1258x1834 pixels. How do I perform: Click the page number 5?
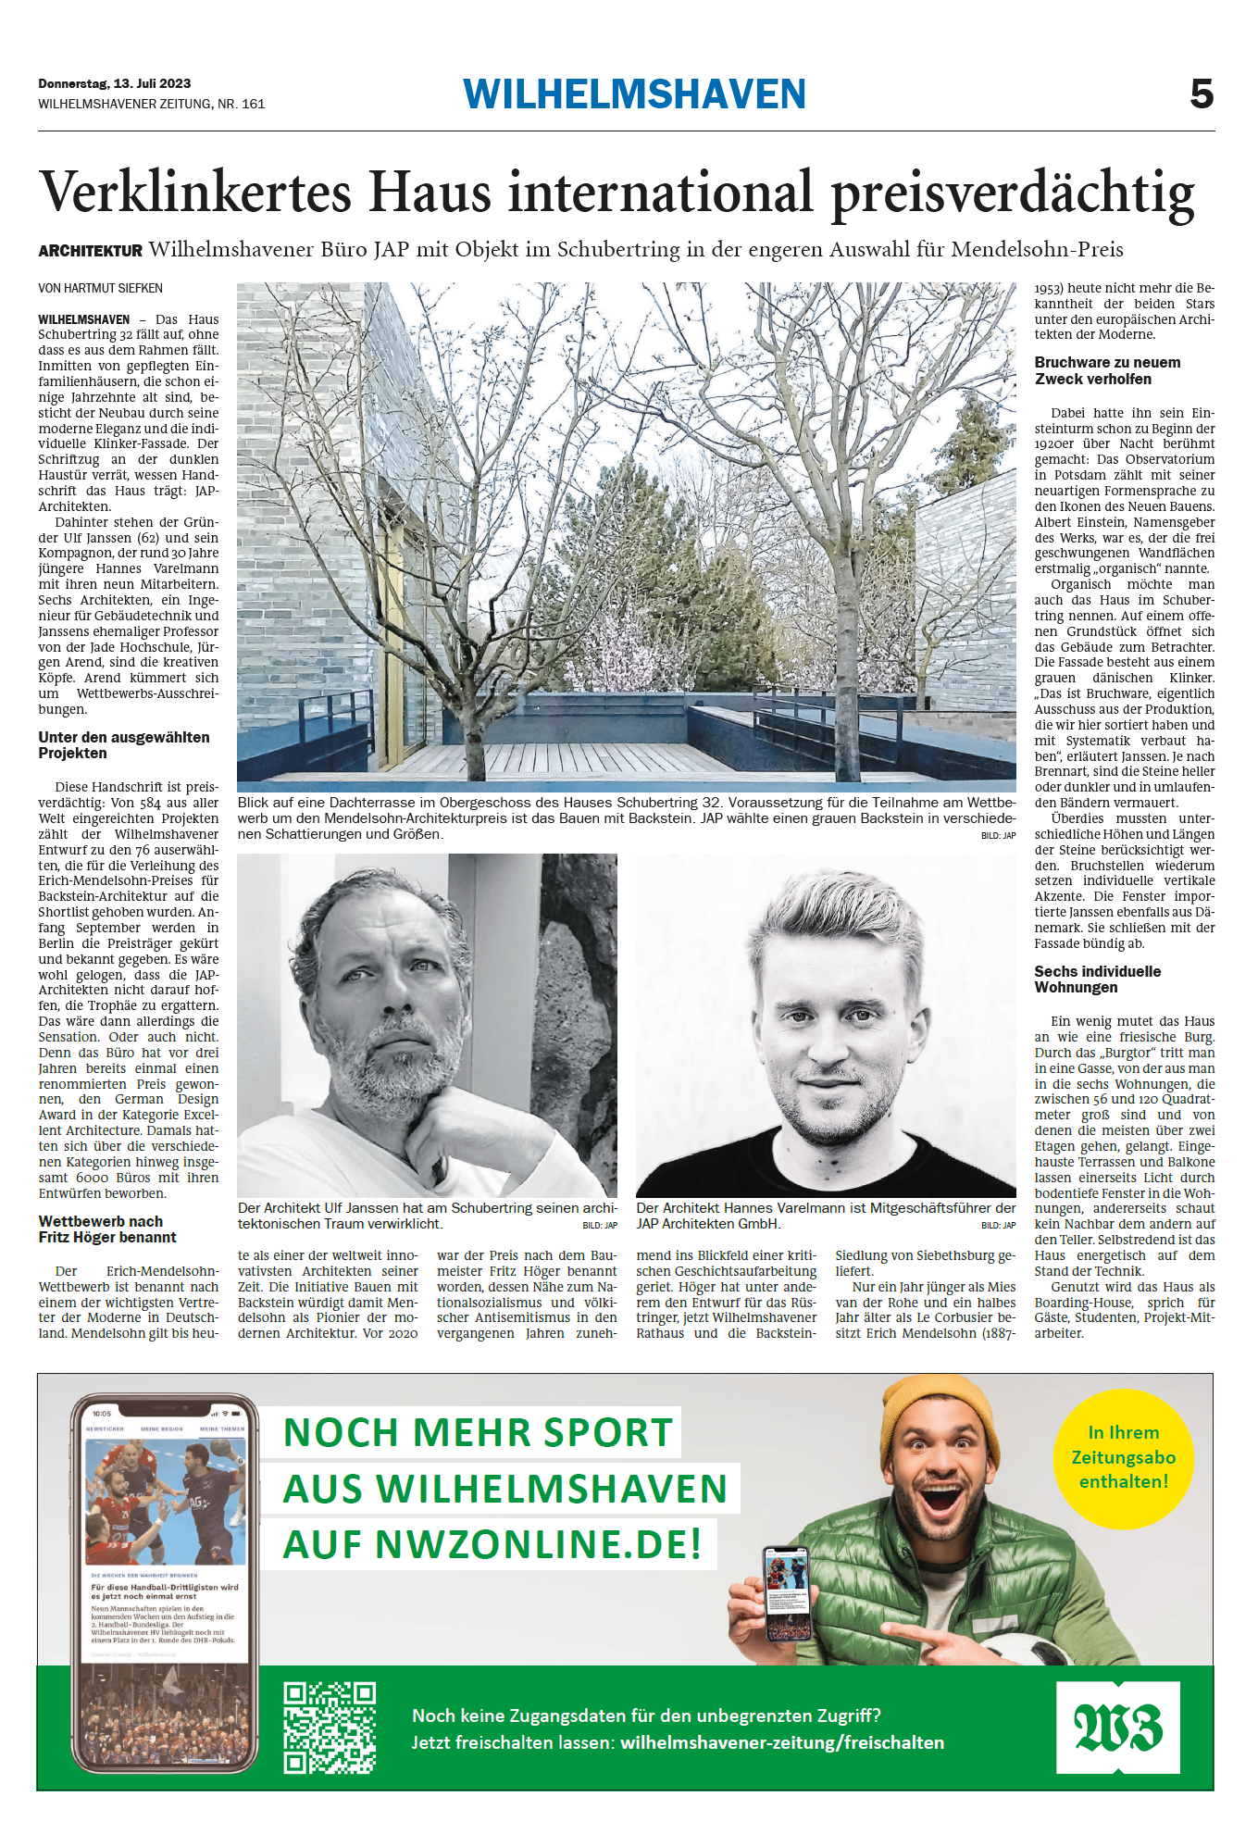[1201, 94]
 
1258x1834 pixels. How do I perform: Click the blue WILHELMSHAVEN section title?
[634, 94]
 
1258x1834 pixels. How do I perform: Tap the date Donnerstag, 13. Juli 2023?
[115, 83]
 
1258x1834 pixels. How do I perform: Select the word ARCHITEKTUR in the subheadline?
[90, 251]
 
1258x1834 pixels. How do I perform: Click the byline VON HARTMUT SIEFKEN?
[100, 288]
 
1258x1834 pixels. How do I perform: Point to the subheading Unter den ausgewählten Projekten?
[124, 745]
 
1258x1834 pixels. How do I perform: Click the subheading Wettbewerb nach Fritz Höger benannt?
[107, 1229]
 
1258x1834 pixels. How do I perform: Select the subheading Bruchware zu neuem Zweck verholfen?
[1107, 370]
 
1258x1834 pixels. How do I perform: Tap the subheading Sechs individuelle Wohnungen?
[1097, 979]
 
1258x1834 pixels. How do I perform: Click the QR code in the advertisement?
[330, 1728]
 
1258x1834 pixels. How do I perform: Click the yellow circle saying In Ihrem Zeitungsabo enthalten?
[1123, 1457]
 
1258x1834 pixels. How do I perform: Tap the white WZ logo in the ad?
[1117, 1727]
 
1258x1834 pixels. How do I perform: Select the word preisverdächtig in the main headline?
[1013, 194]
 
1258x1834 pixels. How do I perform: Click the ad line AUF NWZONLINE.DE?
[492, 1544]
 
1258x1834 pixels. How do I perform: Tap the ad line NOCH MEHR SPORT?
[478, 1432]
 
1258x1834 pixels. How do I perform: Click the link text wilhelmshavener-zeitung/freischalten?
[782, 1742]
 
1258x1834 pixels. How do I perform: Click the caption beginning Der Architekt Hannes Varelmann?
[825, 1216]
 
